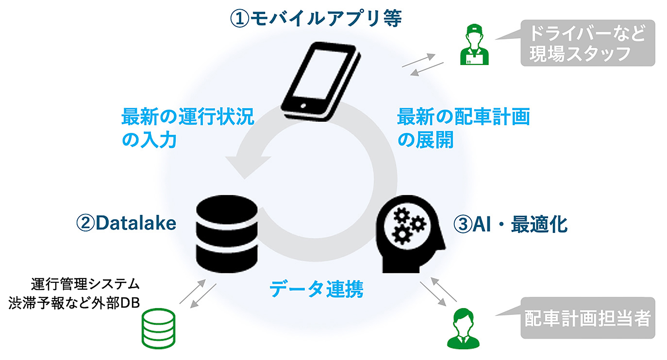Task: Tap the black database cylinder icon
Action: [227, 235]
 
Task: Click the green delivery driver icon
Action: [474, 46]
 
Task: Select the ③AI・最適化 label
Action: [510, 224]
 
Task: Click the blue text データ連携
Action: [317, 290]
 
